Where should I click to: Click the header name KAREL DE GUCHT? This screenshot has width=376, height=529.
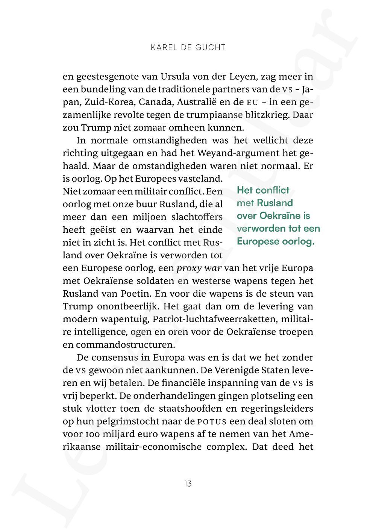[x=188, y=47]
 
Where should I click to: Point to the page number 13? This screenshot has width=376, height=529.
[x=188, y=484]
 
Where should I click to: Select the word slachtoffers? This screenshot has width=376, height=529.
[x=197, y=217]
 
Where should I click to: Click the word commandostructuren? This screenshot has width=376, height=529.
[x=125, y=345]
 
